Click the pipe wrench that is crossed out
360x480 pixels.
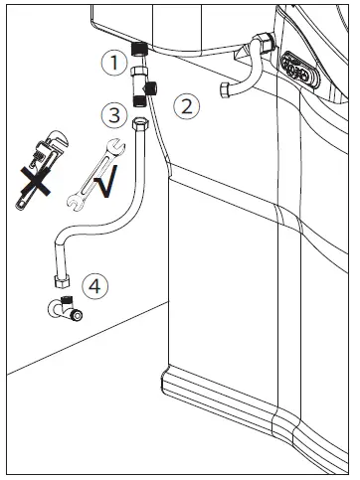33,171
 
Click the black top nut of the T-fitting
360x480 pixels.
141,48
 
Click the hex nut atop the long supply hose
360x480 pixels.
142,123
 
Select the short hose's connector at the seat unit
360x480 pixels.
264,44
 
